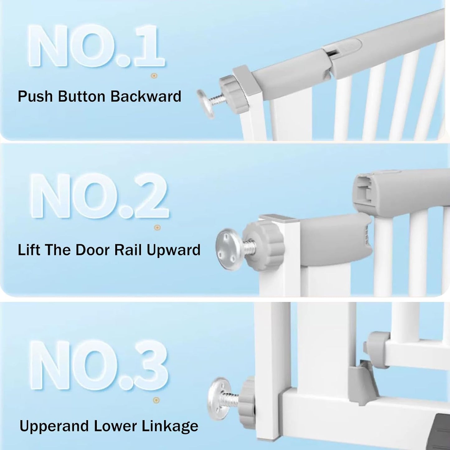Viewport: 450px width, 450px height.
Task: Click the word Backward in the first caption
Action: click(x=146, y=96)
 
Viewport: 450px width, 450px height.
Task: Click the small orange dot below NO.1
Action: click(x=153, y=76)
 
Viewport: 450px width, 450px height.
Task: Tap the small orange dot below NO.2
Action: click(x=157, y=228)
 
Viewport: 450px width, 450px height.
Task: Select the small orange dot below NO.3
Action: click(x=157, y=400)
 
